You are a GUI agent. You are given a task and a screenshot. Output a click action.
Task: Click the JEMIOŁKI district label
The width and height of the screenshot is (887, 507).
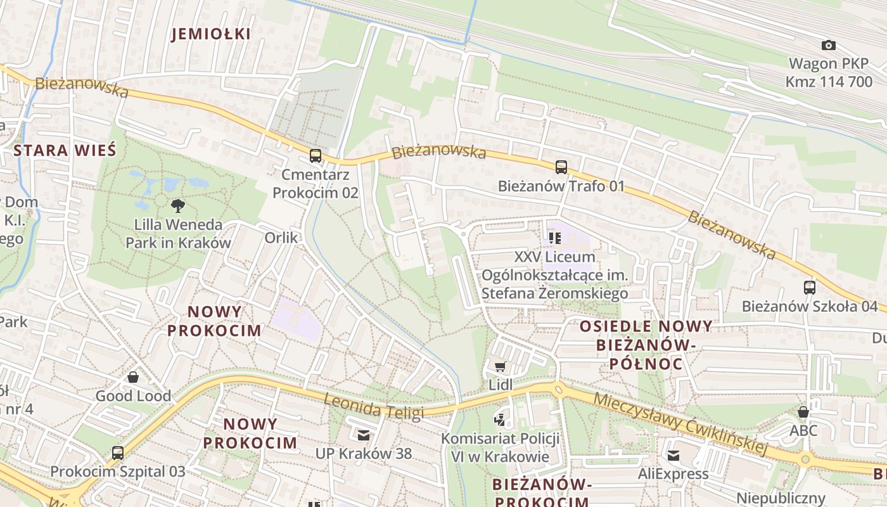(x=211, y=34)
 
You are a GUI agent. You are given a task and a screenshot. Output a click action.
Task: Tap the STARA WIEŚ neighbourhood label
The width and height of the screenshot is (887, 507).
(x=65, y=151)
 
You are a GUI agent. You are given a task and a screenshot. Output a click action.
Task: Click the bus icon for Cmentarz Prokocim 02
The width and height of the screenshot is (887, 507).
(x=315, y=155)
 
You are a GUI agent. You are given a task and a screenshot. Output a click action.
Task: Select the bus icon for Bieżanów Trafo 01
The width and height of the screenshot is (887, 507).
(x=561, y=167)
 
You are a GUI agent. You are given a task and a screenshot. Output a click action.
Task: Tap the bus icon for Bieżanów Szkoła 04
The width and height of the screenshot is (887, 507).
(x=809, y=287)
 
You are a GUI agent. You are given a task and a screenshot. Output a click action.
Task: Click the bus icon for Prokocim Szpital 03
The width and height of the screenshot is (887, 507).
(x=118, y=453)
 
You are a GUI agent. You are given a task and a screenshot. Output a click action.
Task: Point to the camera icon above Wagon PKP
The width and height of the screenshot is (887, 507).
(x=828, y=45)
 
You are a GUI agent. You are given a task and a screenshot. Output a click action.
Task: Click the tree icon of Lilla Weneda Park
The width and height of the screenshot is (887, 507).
(x=178, y=205)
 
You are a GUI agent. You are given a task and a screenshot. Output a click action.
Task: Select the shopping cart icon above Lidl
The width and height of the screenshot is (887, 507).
(x=500, y=366)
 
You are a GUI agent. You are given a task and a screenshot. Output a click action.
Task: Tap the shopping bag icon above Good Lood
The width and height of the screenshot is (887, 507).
(x=133, y=378)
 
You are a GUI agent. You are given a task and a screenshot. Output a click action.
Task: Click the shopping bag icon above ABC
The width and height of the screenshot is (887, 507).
(x=803, y=412)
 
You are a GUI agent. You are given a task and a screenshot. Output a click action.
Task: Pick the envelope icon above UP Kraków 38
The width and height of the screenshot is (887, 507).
(x=364, y=435)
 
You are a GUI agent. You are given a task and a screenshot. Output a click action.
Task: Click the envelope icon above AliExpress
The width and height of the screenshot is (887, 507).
(x=673, y=455)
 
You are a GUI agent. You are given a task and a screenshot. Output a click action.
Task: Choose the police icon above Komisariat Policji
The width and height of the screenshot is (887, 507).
(x=500, y=419)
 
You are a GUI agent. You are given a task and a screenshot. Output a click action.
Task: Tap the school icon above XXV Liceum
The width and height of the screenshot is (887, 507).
(x=555, y=238)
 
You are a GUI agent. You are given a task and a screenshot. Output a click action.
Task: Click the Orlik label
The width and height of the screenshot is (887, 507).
(x=281, y=237)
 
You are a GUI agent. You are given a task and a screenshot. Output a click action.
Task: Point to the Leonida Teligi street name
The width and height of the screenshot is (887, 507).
(x=373, y=406)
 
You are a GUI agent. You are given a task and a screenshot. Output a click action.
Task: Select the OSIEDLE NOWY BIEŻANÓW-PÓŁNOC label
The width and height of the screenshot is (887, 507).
(x=646, y=345)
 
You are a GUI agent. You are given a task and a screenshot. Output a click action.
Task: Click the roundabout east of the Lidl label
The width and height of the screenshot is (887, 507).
(x=558, y=388)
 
